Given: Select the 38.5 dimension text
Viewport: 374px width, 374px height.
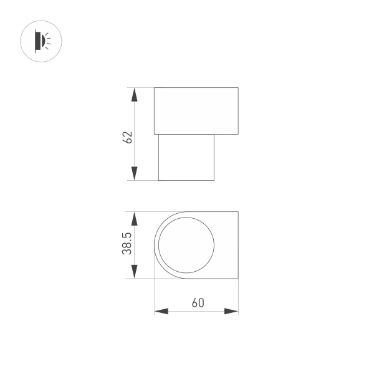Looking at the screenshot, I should click(x=127, y=243).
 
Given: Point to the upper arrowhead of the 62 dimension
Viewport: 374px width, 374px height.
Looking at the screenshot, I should click(x=133, y=95).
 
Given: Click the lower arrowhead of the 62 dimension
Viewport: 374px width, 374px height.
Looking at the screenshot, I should click(x=133, y=173).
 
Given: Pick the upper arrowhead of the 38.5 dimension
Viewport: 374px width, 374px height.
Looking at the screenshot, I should click(x=133, y=219).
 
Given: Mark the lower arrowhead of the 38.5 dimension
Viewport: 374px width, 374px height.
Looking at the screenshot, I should click(x=133, y=271).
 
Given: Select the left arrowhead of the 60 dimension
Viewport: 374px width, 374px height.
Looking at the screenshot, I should click(x=161, y=311).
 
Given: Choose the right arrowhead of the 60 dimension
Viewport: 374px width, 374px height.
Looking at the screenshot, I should click(x=231, y=311).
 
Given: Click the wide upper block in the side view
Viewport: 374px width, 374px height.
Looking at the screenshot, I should click(x=196, y=111).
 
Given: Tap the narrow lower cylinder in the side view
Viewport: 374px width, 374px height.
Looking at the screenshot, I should click(x=186, y=157).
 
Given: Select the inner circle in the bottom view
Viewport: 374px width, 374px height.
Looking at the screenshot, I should click(x=186, y=245).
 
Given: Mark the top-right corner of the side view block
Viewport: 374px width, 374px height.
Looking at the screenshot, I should click(x=238, y=88).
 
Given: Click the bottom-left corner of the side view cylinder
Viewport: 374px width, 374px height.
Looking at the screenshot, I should click(x=158, y=181).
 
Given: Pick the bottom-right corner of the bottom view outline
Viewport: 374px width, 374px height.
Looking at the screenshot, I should click(x=238, y=278).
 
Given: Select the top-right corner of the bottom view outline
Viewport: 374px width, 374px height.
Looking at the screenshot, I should click(x=238, y=212).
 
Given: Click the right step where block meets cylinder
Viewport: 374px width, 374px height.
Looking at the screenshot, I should click(x=214, y=134).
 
